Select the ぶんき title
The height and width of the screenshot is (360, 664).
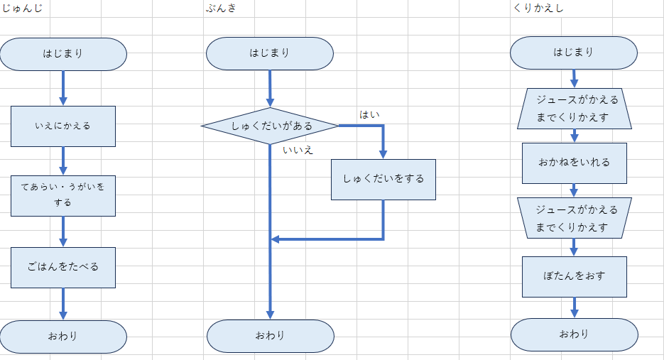coord(222,8)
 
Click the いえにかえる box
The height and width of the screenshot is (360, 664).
coord(62,126)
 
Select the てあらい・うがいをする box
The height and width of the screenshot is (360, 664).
coord(62,195)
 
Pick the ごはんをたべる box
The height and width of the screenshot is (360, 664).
coord(62,267)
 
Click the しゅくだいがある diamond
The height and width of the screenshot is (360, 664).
coord(270,126)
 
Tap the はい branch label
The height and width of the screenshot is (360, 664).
coord(369,114)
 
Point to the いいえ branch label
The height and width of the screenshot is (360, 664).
coord(298,150)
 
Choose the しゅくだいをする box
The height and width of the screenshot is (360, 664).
coord(383,179)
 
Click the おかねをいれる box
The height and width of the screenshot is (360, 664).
coord(574,163)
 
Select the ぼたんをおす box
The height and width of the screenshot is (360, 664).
coord(574,276)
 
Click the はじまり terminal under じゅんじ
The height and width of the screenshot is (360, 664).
coord(62,54)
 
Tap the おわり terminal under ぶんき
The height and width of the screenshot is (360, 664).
coord(270,335)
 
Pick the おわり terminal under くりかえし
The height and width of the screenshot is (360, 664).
coord(574,334)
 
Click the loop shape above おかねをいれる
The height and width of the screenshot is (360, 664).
coord(574,108)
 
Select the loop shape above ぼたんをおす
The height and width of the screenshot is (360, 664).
coord(574,218)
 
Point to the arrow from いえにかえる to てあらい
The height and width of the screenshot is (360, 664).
coord(62,160)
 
